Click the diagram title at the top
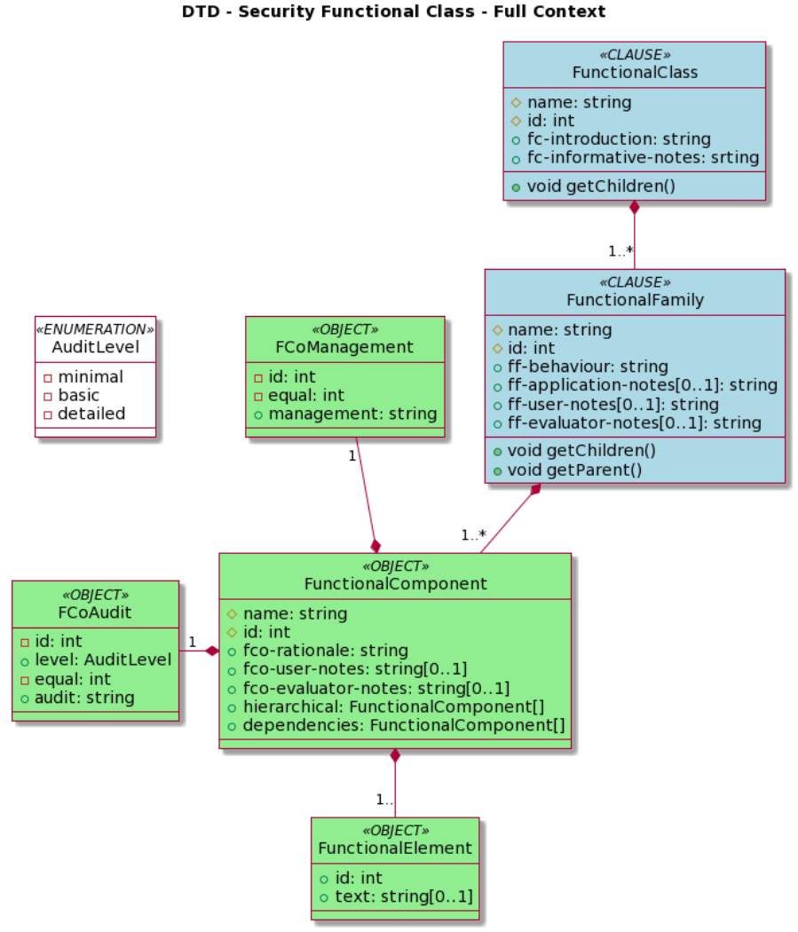tap(393, 12)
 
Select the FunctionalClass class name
tap(634, 72)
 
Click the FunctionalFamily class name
tap(635, 300)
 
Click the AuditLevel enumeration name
tap(95, 346)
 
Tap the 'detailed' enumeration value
tap(91, 414)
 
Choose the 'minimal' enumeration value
tap(91, 376)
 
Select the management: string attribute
tap(352, 414)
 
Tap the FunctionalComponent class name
tap(395, 583)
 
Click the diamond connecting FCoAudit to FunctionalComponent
tap(211, 651)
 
